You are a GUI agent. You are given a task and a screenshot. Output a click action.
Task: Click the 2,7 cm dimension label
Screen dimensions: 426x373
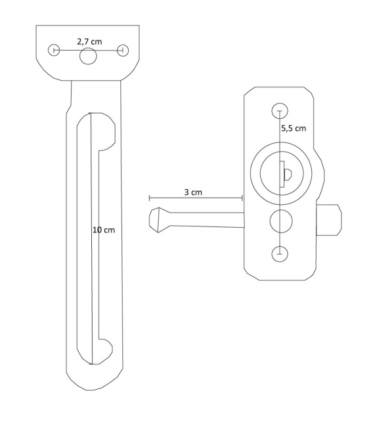pos(88,41)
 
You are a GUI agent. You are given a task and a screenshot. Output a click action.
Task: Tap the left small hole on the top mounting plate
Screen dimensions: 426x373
pos(55,51)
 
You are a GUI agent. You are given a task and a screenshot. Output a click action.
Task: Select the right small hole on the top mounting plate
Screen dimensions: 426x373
pos(122,51)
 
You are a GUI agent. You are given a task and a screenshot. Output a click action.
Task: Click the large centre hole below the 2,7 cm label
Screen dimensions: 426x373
pos(88,57)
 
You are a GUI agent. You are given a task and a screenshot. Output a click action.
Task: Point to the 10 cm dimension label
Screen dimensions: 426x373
pos(104,231)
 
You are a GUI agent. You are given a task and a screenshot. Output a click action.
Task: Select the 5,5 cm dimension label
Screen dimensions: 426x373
pos(293,129)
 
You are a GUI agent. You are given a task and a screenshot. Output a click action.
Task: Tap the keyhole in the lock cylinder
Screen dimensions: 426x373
pos(286,173)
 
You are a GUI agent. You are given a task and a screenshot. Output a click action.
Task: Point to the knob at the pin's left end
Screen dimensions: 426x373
pos(158,221)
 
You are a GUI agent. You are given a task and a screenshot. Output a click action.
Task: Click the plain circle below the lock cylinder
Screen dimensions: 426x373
pos(280,222)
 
